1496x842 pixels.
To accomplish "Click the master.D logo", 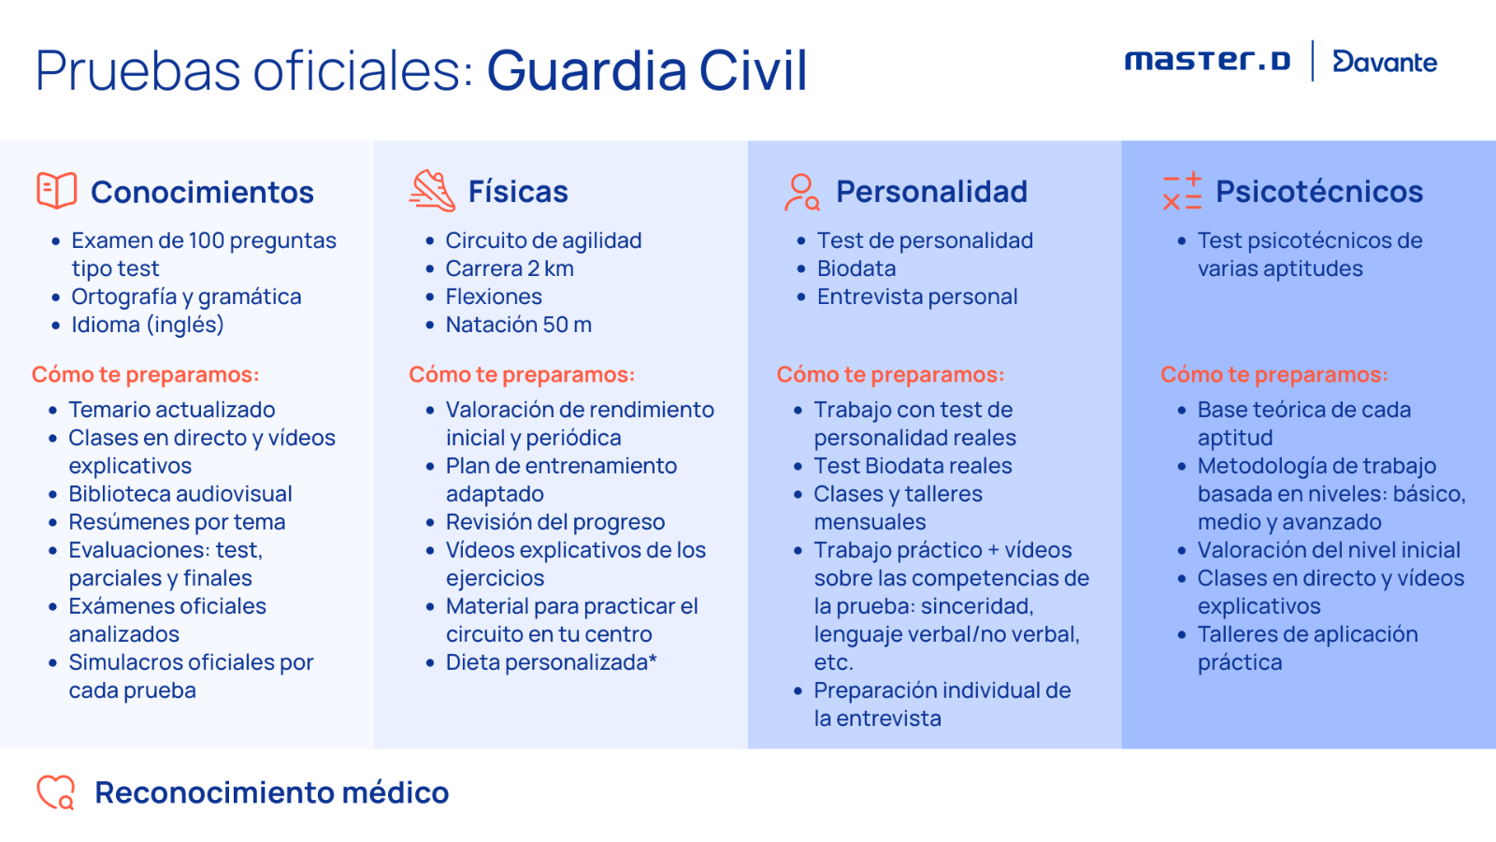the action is [x=1207, y=61].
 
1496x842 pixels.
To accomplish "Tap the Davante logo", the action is [x=1385, y=62].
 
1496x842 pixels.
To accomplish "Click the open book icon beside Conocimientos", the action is [x=57, y=191].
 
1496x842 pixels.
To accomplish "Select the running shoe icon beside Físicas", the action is [x=432, y=191].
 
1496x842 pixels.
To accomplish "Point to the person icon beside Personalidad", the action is [x=800, y=193].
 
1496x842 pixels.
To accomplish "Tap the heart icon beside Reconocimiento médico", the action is [x=56, y=791].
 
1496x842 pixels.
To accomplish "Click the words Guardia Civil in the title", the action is [x=647, y=70].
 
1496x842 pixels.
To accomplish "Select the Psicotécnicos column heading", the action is [x=1319, y=191].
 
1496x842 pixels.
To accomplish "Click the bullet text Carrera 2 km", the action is [x=510, y=269].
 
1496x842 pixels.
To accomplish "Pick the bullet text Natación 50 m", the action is [x=518, y=325].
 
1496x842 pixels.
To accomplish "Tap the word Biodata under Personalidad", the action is [x=856, y=269].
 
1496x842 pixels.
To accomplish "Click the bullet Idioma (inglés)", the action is [x=148, y=325].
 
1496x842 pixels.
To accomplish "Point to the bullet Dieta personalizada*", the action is [x=551, y=662].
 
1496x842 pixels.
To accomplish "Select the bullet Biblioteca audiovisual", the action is [x=180, y=494].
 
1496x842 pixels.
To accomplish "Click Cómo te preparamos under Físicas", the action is [x=522, y=374].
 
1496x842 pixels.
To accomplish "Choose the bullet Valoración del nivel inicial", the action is [x=1329, y=550].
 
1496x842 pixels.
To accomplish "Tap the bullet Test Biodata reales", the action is [x=913, y=466].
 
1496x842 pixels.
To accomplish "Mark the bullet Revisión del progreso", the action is [x=555, y=522].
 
